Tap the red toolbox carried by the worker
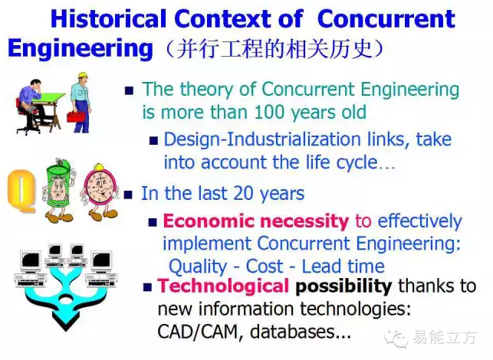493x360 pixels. [76, 116]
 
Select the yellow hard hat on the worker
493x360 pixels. [83, 76]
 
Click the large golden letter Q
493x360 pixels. [21, 191]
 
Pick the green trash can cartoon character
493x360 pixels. [58, 190]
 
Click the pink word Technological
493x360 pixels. [223, 286]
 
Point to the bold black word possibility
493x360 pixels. [343, 286]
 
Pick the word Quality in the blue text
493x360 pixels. [198, 267]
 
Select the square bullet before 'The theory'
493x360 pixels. [129, 91]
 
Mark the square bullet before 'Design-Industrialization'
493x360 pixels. [153, 140]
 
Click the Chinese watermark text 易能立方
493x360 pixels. [445, 338]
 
